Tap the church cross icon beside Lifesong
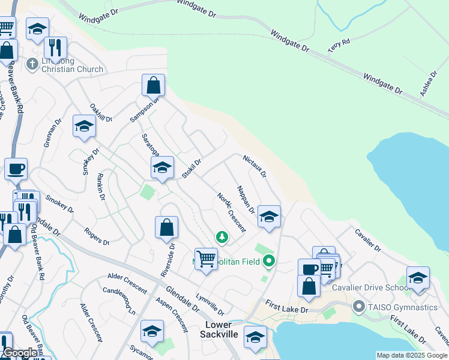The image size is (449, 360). tap(34, 62)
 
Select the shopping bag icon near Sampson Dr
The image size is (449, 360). tap(153, 85)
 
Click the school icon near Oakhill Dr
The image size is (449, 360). tap(84, 126)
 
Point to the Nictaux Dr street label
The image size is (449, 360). tap(254, 166)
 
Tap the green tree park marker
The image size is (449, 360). tap(222, 238)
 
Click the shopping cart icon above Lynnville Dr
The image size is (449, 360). tap(206, 259)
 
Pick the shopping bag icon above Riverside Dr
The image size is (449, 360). tap(166, 227)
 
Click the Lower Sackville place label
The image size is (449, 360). tap(222, 329)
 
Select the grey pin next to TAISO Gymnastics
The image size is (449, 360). tap(359, 307)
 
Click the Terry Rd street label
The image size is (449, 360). tap(339, 46)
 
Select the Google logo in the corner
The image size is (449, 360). tap(20, 353)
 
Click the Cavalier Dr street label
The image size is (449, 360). tap(367, 239)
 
